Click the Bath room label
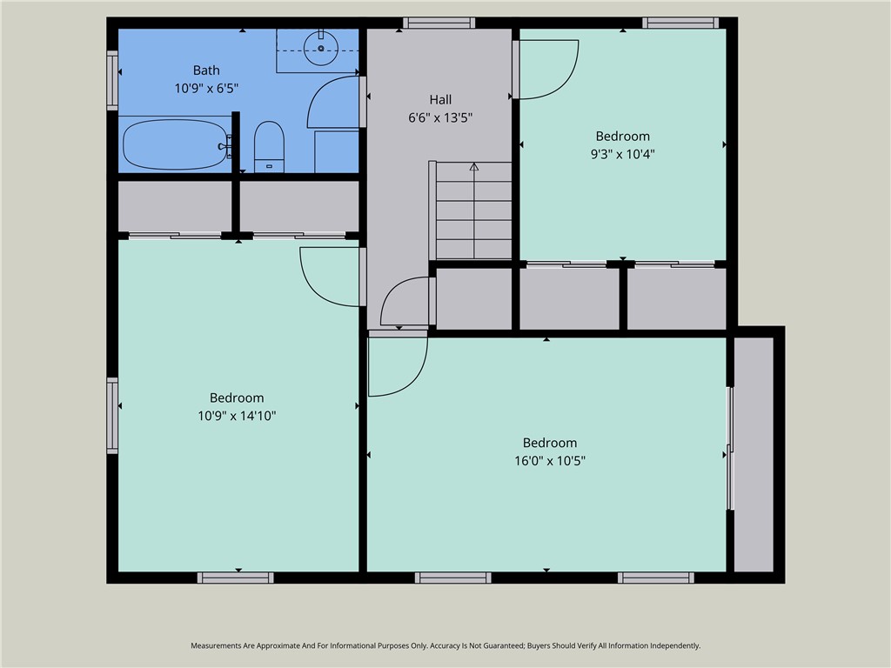pyautogui.click(x=206, y=70)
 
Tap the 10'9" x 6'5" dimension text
pyautogui.click(x=206, y=88)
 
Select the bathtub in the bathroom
pyautogui.click(x=175, y=144)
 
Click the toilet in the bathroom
pyautogui.click(x=269, y=146)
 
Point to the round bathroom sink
pyautogui.click(x=321, y=49)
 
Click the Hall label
pyautogui.click(x=440, y=100)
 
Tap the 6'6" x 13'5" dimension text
pyautogui.click(x=440, y=117)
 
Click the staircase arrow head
pyautogui.click(x=474, y=166)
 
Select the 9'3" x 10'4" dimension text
pyautogui.click(x=623, y=154)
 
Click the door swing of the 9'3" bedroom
pyautogui.click(x=565, y=83)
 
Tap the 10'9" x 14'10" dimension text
pyautogui.click(x=237, y=416)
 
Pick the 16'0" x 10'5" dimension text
pyautogui.click(x=550, y=461)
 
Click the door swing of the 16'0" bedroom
pyautogui.click(x=415, y=382)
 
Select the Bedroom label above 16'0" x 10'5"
pyautogui.click(x=550, y=443)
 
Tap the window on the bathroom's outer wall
pyautogui.click(x=112, y=81)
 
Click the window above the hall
pyautogui.click(x=439, y=23)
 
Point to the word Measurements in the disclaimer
pyautogui.click(x=217, y=646)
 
